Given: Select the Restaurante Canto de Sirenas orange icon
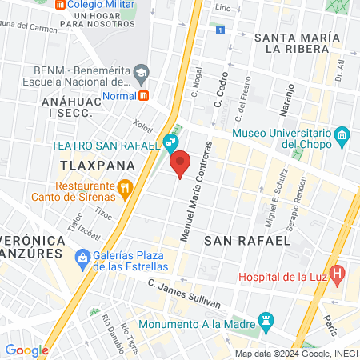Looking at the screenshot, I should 124,189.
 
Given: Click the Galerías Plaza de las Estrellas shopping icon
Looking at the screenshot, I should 81,258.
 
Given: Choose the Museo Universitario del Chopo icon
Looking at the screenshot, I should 342,134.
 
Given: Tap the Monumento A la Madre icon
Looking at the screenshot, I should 268,324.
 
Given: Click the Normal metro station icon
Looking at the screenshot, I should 143,95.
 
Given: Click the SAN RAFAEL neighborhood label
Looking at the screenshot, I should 256,240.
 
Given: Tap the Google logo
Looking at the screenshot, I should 26,350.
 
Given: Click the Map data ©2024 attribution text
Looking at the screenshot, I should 294,354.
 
